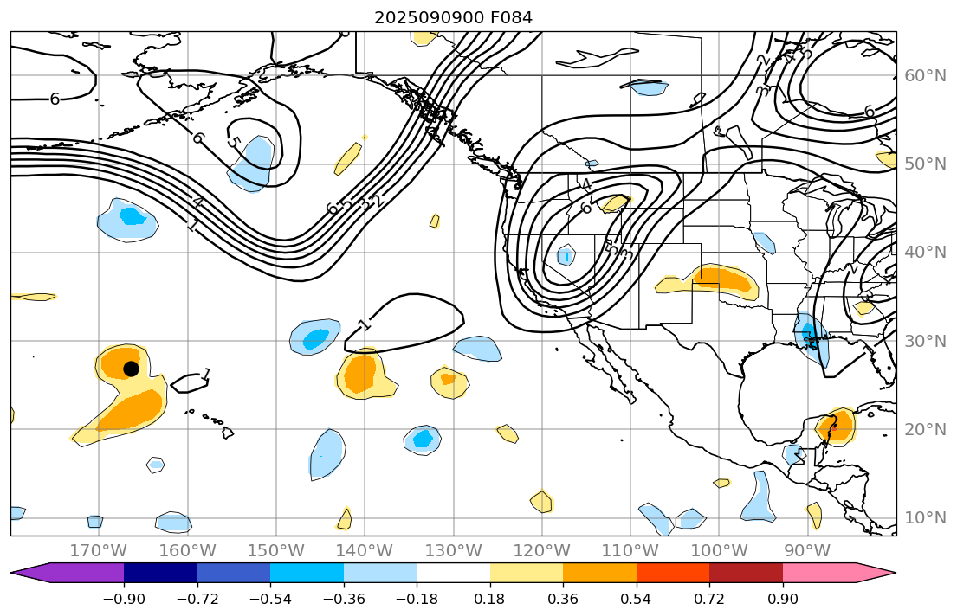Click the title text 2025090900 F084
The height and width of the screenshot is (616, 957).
[453, 17]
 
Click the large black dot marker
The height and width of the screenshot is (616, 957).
[131, 369]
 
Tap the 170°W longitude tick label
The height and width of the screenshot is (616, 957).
[99, 550]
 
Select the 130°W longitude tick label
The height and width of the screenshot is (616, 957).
[454, 550]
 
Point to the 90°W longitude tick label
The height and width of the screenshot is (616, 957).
[808, 550]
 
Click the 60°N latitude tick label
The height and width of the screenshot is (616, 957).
[925, 76]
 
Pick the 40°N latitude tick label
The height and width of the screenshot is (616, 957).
[925, 253]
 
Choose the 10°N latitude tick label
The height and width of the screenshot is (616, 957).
[925, 518]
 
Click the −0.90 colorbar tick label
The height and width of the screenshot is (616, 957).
[124, 599]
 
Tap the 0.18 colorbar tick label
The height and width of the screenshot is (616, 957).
[490, 599]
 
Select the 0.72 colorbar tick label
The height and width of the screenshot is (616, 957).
[709, 599]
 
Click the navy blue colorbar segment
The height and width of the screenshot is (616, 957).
[160, 572]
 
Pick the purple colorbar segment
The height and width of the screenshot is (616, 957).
[78, 572]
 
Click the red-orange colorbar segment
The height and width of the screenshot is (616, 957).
[673, 572]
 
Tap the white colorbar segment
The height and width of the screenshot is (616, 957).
[453, 572]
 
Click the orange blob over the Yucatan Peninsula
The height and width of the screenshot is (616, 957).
[836, 425]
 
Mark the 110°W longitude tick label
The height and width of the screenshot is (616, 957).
[630, 550]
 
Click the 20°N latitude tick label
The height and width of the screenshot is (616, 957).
[925, 430]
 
